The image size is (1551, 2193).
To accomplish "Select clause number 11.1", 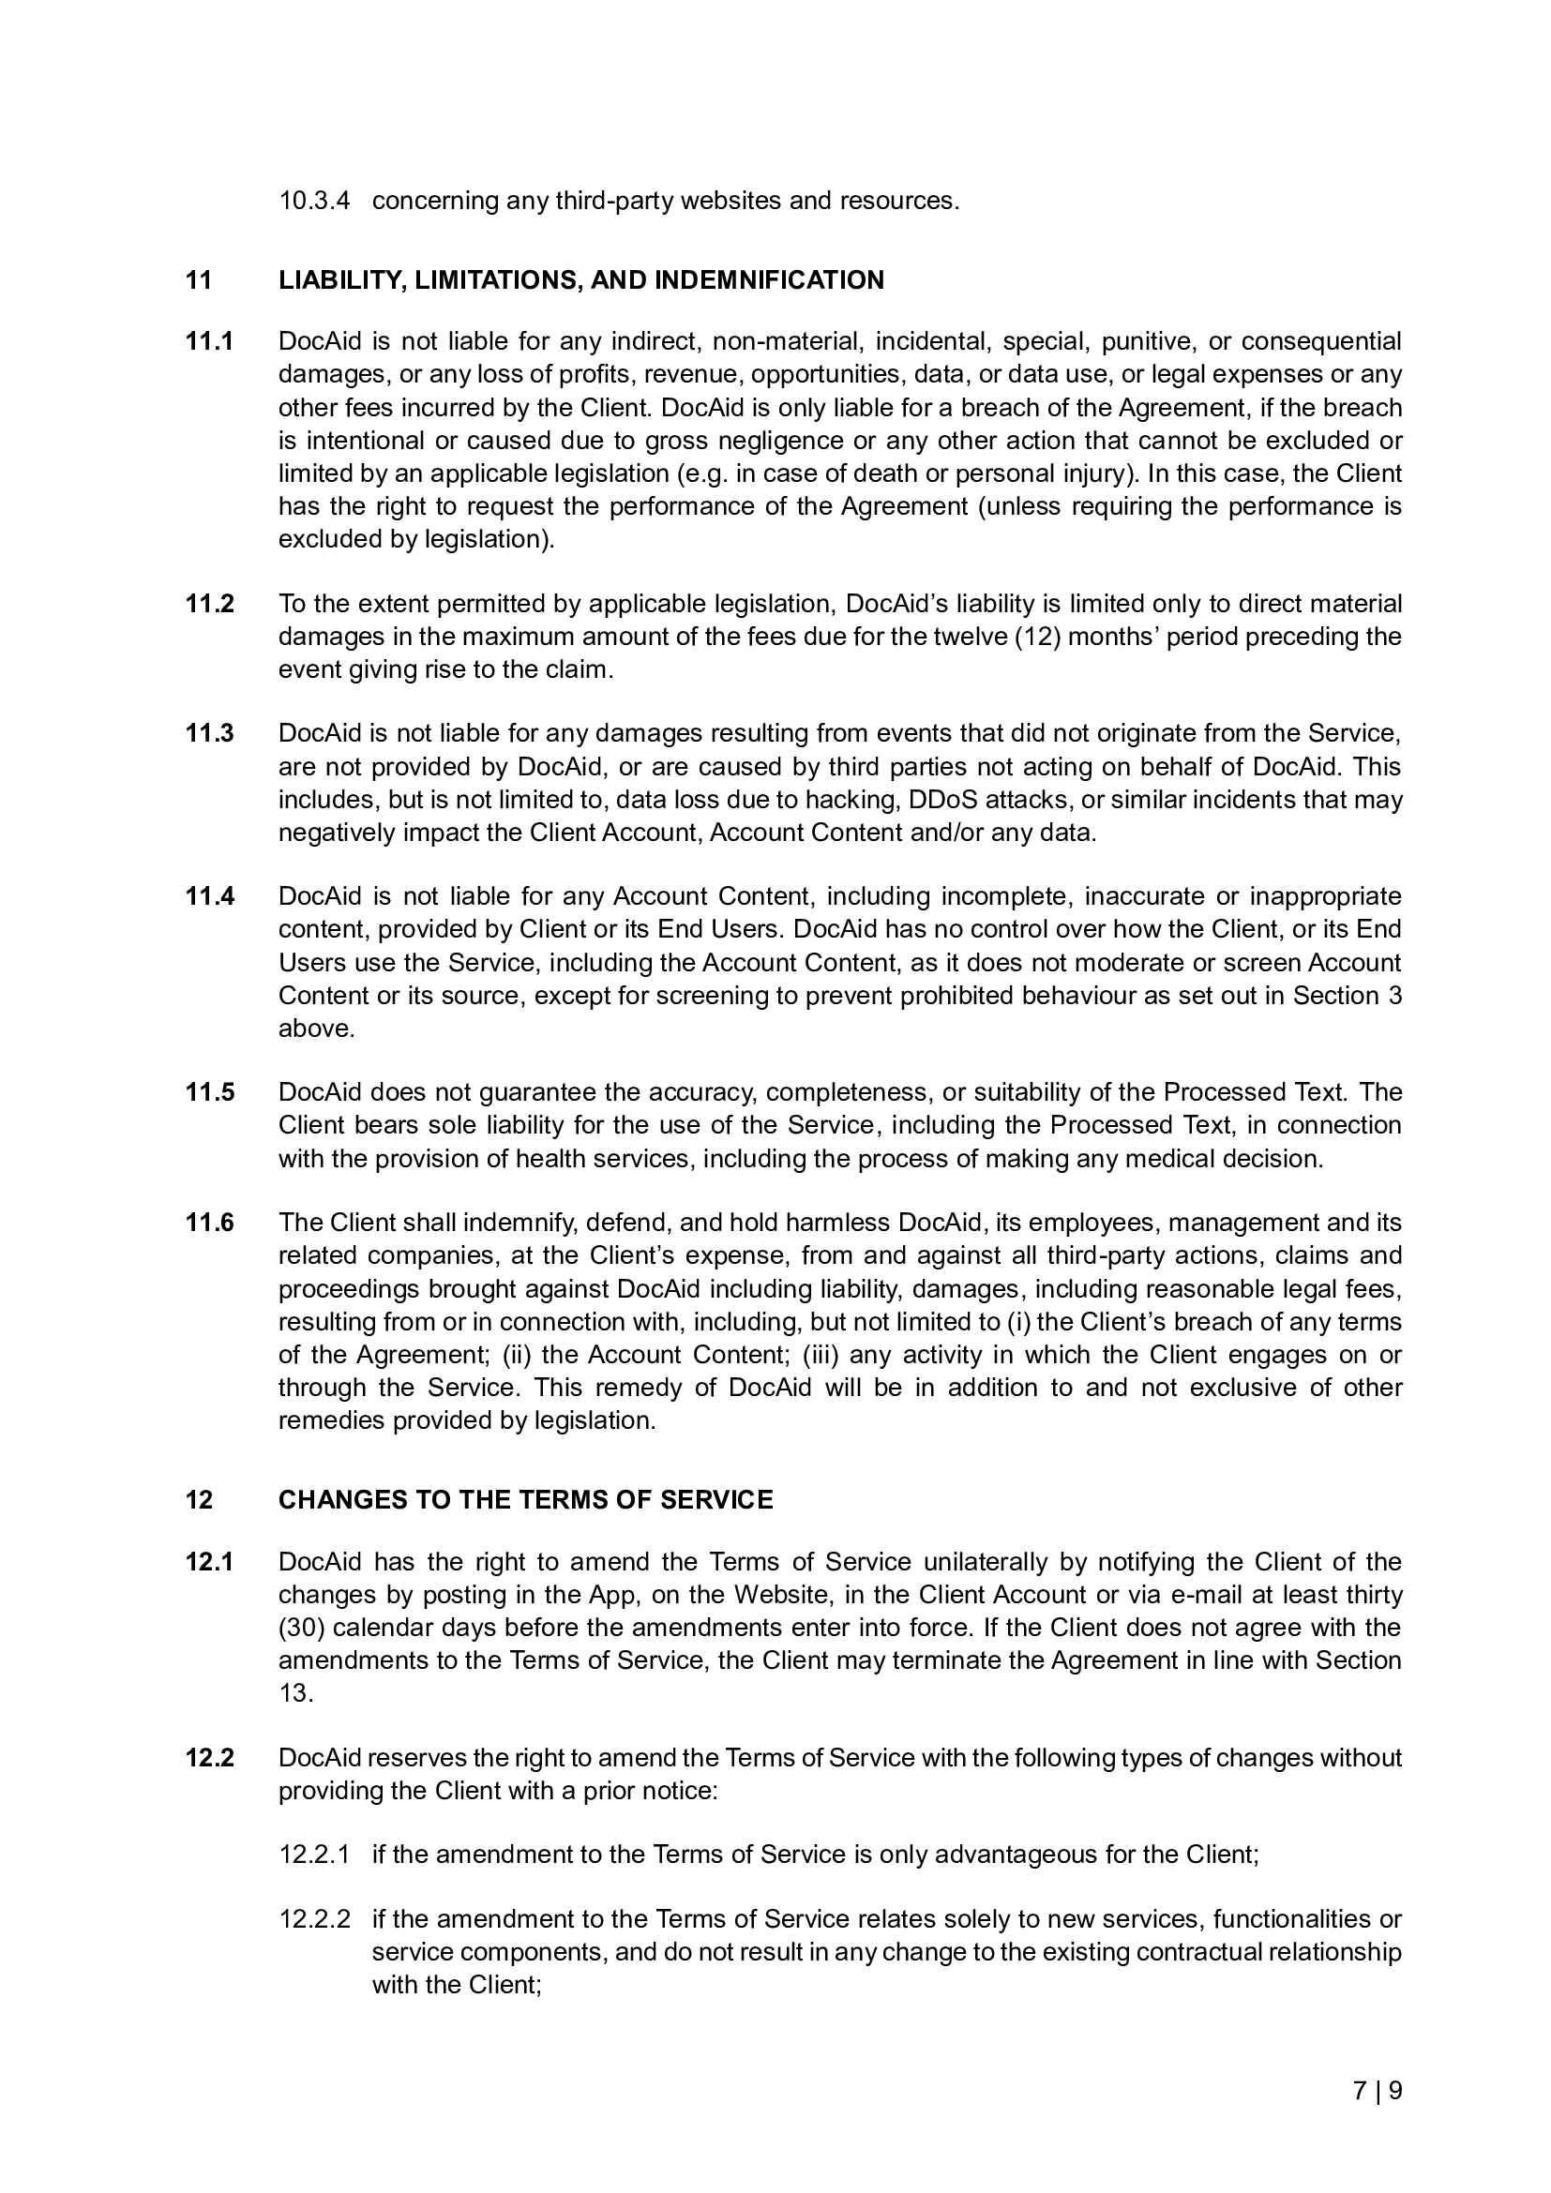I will click(x=209, y=341).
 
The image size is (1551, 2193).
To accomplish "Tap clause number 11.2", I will click(x=209, y=604).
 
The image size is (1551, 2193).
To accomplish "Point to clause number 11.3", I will click(x=209, y=733).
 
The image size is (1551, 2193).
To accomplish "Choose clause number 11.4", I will click(x=209, y=896).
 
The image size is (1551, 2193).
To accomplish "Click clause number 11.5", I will click(x=209, y=1091).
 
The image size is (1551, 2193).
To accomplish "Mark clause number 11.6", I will click(x=209, y=1223).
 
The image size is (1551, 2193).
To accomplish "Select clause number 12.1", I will click(x=209, y=1562).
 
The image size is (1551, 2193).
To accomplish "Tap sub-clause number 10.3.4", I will click(x=314, y=201).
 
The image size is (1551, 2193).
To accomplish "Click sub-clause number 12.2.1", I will click(x=314, y=1854).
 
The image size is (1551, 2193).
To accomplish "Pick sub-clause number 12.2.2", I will click(x=314, y=1919).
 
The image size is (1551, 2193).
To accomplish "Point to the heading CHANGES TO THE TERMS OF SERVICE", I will click(x=525, y=1499).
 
